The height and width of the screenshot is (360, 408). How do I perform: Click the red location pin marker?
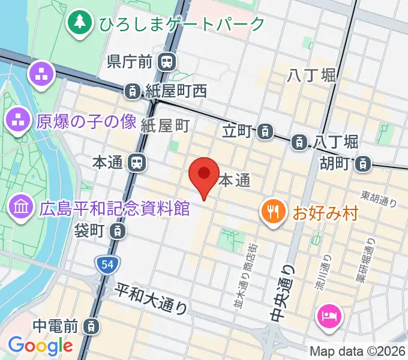(204, 175)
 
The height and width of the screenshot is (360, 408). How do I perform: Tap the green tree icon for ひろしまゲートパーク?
(79, 23)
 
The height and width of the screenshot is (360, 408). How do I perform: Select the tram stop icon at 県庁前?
(166, 61)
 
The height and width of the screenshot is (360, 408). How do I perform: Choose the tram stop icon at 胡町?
(363, 163)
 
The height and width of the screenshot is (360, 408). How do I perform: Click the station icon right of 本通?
(138, 162)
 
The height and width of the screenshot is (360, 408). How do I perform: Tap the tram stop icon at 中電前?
(90, 326)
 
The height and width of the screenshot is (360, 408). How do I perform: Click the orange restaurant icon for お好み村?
(272, 212)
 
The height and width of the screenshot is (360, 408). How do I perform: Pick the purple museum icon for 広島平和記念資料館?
(21, 208)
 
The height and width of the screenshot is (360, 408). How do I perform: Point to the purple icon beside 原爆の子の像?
(19, 121)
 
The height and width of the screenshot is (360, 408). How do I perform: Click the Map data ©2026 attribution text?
(357, 351)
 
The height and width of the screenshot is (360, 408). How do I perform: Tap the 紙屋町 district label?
(166, 125)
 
